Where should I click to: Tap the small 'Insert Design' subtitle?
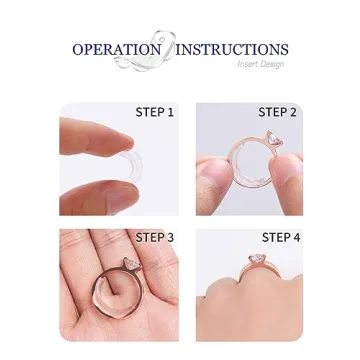[261, 64]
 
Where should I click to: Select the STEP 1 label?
[155, 113]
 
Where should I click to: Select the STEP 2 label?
[277, 113]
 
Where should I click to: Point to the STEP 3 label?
[155, 237]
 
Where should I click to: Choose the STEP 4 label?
[280, 238]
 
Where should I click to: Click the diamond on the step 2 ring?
[268, 139]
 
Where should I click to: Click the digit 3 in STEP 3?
[170, 237]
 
